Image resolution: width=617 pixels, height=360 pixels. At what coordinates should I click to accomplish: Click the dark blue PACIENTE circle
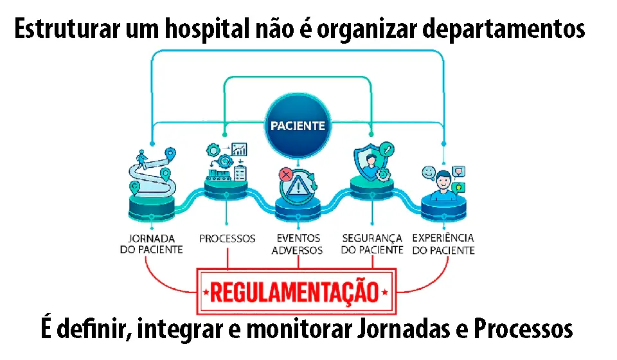[x=298, y=125]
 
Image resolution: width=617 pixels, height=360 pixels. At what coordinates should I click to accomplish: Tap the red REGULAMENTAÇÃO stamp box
[x=296, y=292]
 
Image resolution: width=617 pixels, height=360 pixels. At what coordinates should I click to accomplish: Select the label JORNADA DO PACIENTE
[x=152, y=244]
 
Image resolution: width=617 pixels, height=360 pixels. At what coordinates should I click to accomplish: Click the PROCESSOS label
[x=227, y=239]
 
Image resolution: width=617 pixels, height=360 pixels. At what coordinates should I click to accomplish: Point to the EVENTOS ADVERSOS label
[x=298, y=244]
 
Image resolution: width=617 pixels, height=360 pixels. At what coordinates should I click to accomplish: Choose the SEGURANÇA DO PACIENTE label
[x=372, y=244]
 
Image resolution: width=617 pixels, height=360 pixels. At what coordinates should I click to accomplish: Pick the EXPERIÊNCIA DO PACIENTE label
[x=443, y=244]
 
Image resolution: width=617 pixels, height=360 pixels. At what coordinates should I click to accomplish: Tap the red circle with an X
[x=286, y=174]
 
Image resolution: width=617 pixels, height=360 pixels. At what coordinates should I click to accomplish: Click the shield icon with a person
[x=369, y=162]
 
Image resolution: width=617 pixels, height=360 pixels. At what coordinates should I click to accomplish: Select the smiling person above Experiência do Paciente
[x=443, y=185]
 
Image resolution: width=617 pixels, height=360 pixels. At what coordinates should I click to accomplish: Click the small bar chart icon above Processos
[x=239, y=150]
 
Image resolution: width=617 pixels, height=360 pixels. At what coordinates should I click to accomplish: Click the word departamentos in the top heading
[x=504, y=29]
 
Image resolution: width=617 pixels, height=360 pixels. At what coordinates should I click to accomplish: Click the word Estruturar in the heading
[x=67, y=29]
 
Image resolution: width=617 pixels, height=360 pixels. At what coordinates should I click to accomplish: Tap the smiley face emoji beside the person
[x=429, y=173]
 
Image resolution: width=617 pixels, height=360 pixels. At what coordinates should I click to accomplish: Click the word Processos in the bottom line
[x=523, y=329]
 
